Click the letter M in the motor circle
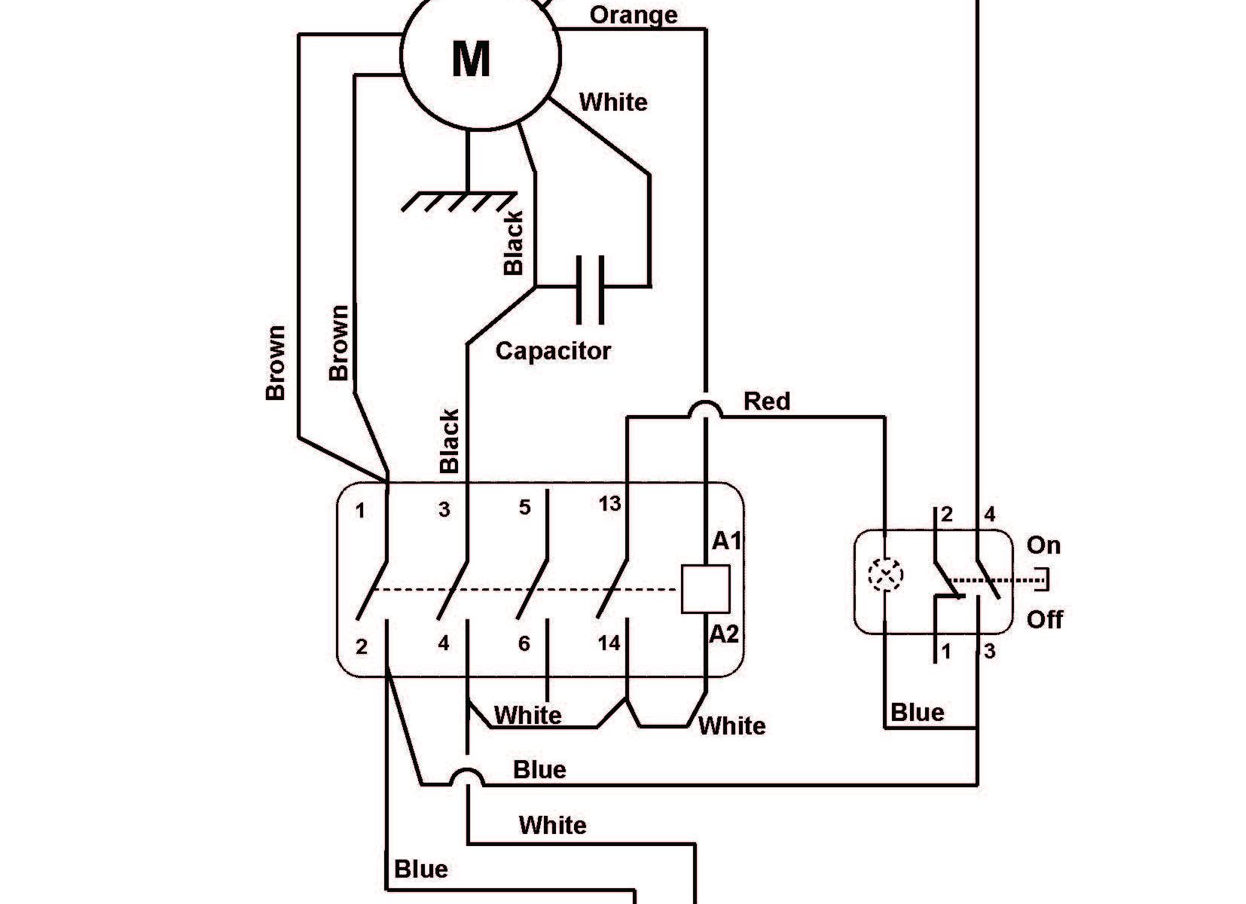[x=472, y=58]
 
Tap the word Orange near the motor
[x=633, y=15]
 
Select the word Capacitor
[x=553, y=351]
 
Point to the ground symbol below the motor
[x=460, y=200]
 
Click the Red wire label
[x=767, y=402]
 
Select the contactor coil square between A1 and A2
[x=705, y=589]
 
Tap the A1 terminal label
[x=727, y=541]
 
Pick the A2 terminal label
[x=725, y=635]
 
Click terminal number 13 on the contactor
[x=609, y=503]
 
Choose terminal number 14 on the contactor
[x=609, y=643]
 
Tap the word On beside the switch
[x=1043, y=545]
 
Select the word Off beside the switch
[x=1045, y=620]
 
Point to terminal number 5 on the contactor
[x=525, y=507]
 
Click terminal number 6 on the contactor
[x=524, y=643]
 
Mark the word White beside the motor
[x=613, y=102]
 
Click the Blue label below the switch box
[x=917, y=713]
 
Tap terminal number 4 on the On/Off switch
[x=989, y=515]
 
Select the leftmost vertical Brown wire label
[x=276, y=362]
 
